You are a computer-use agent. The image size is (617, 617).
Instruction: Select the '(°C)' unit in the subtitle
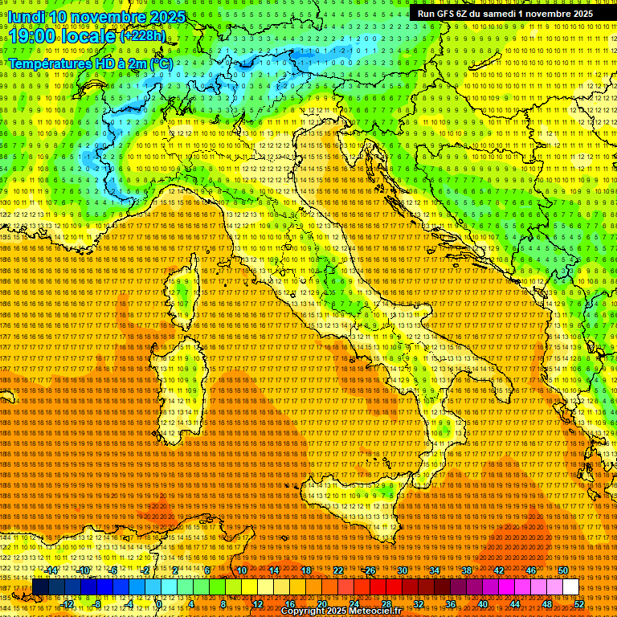161,63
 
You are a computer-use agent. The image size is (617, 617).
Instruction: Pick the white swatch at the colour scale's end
570,587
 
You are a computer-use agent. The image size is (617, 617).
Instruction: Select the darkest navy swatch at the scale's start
40,587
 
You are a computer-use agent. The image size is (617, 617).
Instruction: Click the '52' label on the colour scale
579,604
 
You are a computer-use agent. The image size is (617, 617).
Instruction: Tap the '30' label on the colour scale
402,570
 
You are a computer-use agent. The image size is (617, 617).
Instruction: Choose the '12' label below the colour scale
258,604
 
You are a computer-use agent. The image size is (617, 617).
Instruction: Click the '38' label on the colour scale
467,570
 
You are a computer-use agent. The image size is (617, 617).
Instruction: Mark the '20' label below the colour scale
322,604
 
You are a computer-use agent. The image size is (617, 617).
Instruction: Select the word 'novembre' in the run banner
549,14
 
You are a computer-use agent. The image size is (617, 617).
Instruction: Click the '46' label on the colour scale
531,570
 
